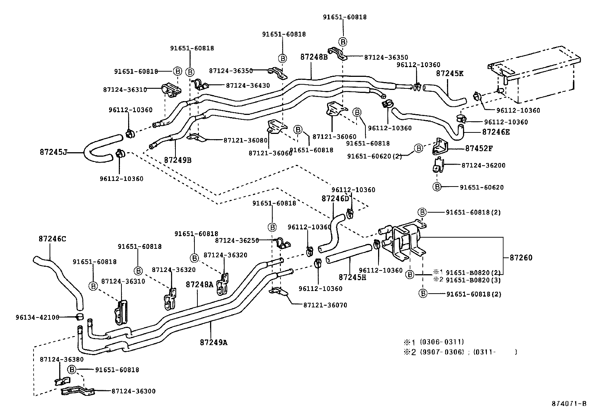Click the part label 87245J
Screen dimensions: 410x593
[x=53, y=152]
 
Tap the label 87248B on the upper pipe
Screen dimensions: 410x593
[x=314, y=57]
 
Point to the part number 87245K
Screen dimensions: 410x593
[x=450, y=73]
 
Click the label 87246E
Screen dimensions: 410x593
[x=496, y=132]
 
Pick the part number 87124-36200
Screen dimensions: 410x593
[x=483, y=165]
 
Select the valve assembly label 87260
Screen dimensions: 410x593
[x=521, y=257]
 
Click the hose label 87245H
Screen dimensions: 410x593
[x=352, y=277]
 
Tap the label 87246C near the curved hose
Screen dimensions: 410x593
[x=52, y=238]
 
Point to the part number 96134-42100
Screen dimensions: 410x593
[x=37, y=317]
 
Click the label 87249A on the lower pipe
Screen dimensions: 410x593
[x=213, y=342]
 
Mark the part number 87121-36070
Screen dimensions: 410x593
[x=325, y=305]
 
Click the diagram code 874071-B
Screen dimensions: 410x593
[x=569, y=403]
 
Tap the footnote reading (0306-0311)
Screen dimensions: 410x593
[x=442, y=342]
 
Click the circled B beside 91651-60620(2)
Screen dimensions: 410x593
[x=418, y=148]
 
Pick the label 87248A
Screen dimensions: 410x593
[x=199, y=285]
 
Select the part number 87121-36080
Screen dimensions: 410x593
[x=245, y=140]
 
